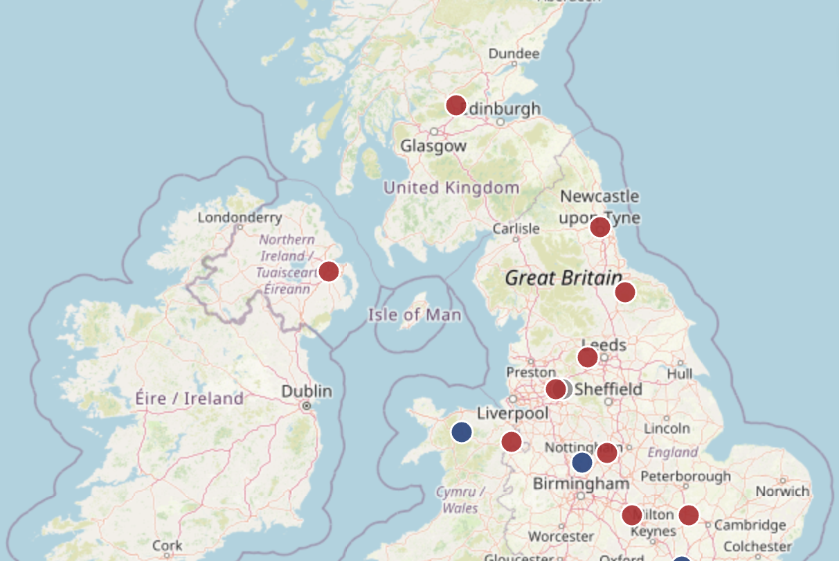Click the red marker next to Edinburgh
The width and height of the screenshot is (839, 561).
pyautogui.click(x=455, y=105)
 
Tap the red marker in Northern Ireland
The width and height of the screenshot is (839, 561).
pyautogui.click(x=329, y=271)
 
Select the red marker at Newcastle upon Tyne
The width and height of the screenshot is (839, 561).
pyautogui.click(x=600, y=226)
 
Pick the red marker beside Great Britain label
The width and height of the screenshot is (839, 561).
pyautogui.click(x=625, y=292)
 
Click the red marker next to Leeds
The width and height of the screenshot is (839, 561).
pyautogui.click(x=588, y=357)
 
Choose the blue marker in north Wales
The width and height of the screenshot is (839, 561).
pyautogui.click(x=462, y=431)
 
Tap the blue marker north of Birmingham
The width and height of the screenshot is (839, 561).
pyautogui.click(x=582, y=462)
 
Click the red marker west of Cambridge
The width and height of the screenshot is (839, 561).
pyautogui.click(x=688, y=515)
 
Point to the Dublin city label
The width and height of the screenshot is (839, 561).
pyautogui.click(x=307, y=391)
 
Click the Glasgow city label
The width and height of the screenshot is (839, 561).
pyautogui.click(x=433, y=146)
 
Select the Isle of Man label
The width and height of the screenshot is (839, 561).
pyautogui.click(x=414, y=315)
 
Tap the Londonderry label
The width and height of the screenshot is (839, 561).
pyautogui.click(x=240, y=217)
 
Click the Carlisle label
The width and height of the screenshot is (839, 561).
pyautogui.click(x=516, y=229)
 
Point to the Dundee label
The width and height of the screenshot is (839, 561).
pyautogui.click(x=514, y=53)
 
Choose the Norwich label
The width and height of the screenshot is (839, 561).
pyautogui.click(x=782, y=491)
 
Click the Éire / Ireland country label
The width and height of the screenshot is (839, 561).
pyautogui.click(x=190, y=398)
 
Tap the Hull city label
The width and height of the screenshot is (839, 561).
pyautogui.click(x=680, y=373)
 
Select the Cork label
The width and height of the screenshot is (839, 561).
pyautogui.click(x=168, y=545)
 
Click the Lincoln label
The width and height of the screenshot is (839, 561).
pyautogui.click(x=666, y=428)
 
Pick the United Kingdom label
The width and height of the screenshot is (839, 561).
pyautogui.click(x=451, y=188)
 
